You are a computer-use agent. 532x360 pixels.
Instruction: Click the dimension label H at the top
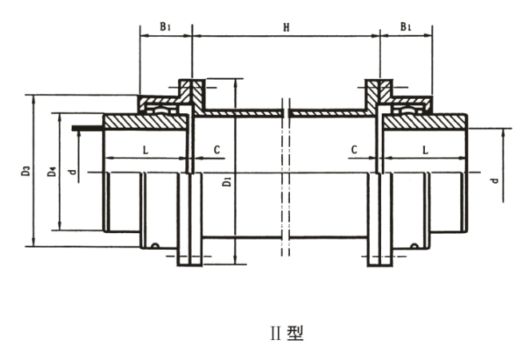coord(287,27)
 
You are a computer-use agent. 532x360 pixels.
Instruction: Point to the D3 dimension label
coord(26,170)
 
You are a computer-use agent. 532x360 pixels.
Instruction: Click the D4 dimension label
coord(51,170)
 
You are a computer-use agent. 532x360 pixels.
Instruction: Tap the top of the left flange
coord(191,82)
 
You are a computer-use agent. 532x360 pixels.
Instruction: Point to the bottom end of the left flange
coord(190,263)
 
